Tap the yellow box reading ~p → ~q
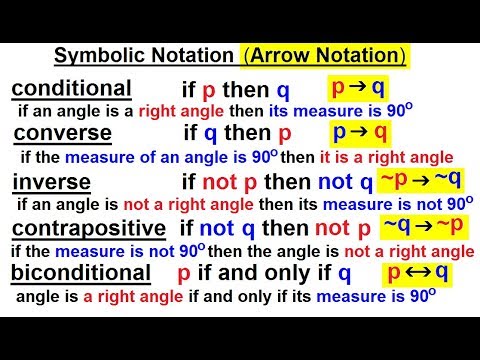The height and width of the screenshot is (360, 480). click(x=421, y=179)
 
